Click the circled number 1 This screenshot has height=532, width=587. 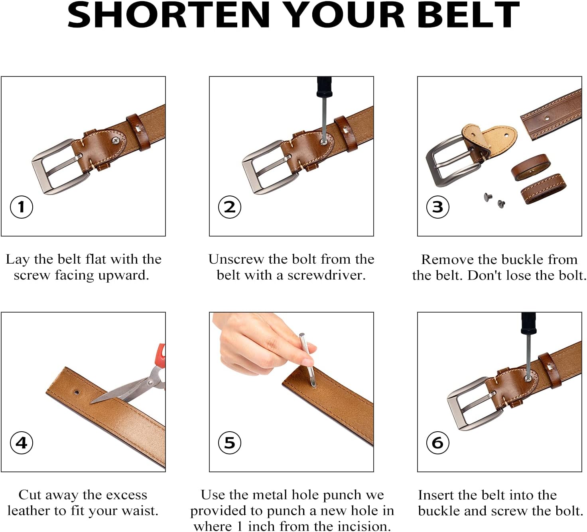point(21,207)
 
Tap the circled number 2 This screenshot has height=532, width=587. point(229,207)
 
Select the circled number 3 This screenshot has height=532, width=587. point(437,207)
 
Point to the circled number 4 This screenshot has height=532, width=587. point(21,442)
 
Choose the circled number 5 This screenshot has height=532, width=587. point(229,442)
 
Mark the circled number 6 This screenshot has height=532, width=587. point(437,442)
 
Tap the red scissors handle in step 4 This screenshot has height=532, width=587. point(160,356)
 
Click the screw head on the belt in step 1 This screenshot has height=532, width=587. point(115,140)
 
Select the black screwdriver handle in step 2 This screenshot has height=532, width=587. point(324,87)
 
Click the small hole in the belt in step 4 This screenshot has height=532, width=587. point(76,392)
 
